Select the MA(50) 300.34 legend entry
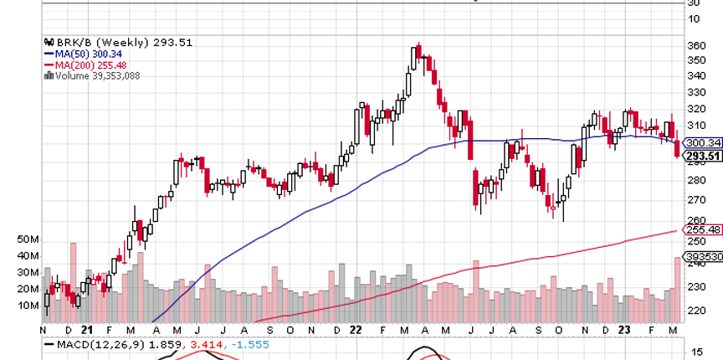click(81, 54)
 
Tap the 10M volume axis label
click(28, 305)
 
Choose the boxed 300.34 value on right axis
click(702, 143)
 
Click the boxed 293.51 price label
click(702, 155)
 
